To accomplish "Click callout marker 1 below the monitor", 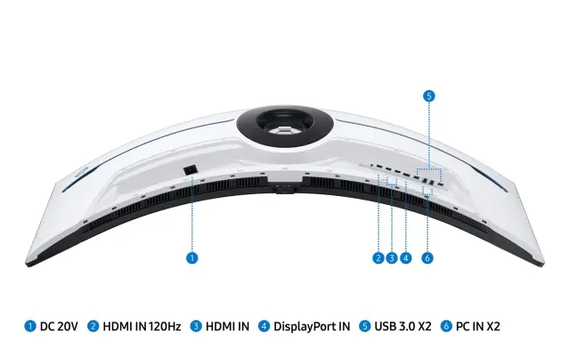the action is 192,258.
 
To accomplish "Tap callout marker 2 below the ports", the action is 379,258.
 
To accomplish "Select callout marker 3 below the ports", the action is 392,258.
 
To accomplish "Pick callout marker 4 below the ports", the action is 406,258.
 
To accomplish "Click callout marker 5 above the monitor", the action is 429,96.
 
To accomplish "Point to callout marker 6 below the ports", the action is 427,258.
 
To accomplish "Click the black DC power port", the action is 190,170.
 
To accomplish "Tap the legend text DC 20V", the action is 59,326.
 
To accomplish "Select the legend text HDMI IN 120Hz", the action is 142,326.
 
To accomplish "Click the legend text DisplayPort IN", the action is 312,326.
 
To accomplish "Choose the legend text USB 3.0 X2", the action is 403,326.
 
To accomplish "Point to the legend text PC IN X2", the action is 478,326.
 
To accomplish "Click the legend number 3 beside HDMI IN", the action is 196,326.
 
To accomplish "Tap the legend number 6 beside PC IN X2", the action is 446,326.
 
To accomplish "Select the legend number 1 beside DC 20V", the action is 30,326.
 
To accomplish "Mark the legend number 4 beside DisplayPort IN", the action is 264,326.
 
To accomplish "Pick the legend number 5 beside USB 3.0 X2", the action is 364,326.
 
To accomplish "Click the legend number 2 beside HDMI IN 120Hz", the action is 93,326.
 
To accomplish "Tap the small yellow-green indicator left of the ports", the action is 371,166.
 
